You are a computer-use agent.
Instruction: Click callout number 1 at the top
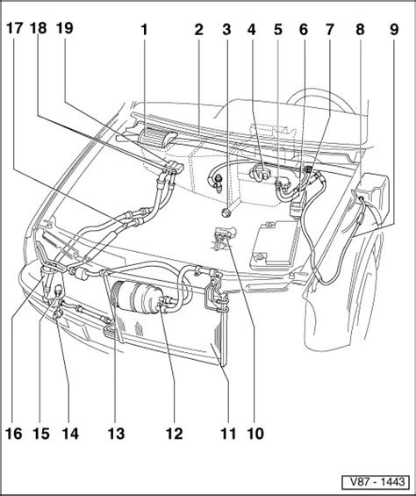144,30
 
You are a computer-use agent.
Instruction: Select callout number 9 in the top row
394,30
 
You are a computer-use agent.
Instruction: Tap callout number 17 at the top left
15,28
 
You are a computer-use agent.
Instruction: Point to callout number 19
65,28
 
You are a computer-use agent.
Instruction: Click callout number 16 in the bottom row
15,434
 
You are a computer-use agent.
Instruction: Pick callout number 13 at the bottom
116,434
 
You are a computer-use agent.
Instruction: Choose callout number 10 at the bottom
255,434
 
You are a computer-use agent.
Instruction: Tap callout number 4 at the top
252,30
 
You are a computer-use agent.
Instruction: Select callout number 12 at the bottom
175,434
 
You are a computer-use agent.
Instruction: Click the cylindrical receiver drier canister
138,297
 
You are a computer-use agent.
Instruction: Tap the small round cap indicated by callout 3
226,212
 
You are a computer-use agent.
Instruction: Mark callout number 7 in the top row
329,30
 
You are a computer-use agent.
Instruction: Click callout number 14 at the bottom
70,434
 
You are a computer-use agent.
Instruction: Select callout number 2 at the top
198,30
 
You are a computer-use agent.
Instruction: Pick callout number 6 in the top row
303,30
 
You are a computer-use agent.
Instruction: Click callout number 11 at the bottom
228,434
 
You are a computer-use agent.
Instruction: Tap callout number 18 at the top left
39,28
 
